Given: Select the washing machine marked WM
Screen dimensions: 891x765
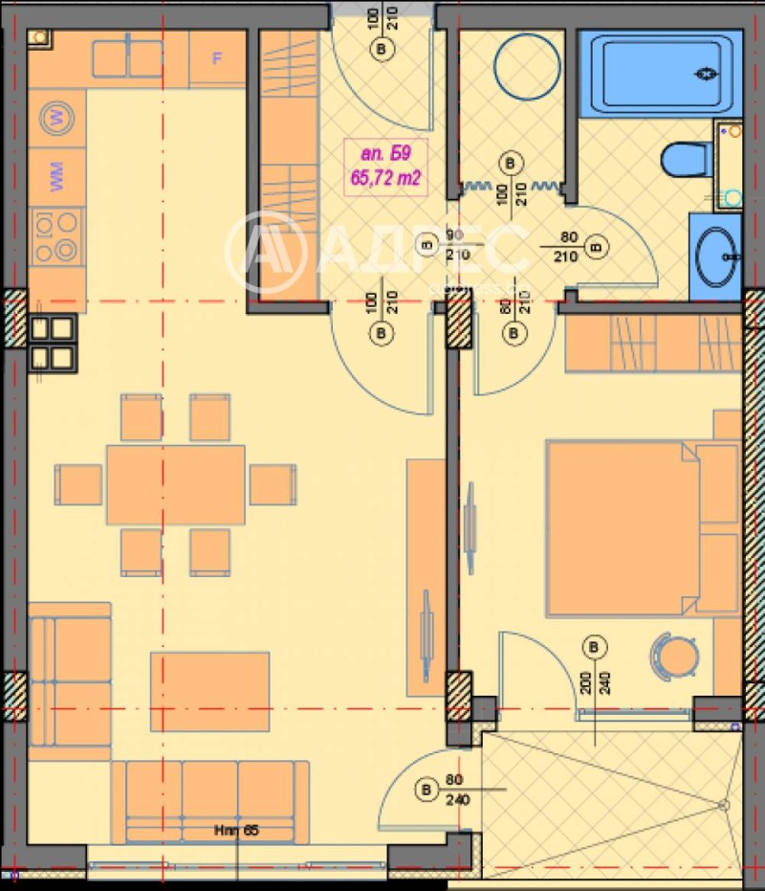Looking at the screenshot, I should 56,178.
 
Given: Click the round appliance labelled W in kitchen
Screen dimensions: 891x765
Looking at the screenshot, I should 56,119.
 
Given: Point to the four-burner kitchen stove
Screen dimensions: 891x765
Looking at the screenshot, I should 55,236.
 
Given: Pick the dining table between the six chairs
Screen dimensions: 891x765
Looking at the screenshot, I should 175,484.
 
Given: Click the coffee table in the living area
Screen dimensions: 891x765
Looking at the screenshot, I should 209,691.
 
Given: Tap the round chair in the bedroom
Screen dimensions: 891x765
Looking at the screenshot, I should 673,656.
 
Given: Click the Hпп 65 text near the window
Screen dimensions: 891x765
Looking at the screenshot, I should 236,831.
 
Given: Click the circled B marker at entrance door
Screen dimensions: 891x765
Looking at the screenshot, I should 383,48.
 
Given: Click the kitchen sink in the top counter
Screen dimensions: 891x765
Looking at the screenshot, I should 127,58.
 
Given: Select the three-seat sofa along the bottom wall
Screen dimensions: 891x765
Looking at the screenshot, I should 209,801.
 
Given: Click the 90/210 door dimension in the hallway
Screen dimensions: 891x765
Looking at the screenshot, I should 454,245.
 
